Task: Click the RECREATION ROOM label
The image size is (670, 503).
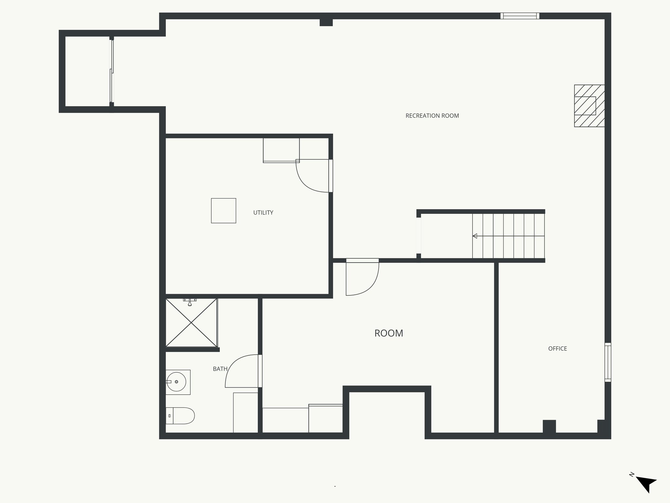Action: point(432,116)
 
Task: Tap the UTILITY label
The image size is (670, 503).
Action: point(263,213)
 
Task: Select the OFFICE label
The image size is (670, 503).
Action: point(557,348)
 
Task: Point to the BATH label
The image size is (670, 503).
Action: point(220,369)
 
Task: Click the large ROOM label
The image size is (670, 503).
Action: point(389,333)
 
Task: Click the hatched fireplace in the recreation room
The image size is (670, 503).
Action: point(589,106)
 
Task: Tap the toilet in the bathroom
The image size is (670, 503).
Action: point(180,416)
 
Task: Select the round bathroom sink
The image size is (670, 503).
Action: point(176,382)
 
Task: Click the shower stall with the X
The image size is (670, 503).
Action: point(191,323)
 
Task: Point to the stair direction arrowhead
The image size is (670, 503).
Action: point(475,236)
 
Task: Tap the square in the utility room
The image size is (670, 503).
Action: point(223,211)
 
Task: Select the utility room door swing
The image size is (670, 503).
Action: point(311,177)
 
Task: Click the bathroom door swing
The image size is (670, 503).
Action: point(242,372)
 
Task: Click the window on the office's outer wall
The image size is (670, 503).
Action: point(608,362)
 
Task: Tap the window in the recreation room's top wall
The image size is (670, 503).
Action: point(520,16)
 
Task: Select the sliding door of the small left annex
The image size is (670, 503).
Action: point(112,71)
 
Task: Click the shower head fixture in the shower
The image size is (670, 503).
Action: point(190,302)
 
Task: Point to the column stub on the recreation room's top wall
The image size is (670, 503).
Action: point(326,23)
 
